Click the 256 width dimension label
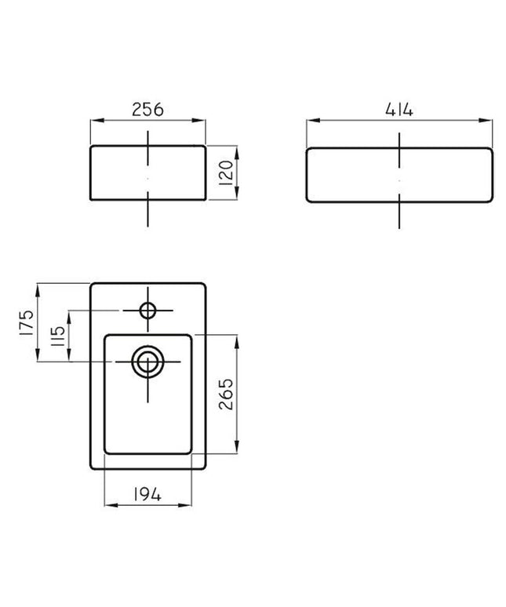point(147,110)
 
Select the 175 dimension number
point(25,322)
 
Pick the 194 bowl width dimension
point(147,494)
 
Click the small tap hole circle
point(147,311)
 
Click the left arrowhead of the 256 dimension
point(94,121)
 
